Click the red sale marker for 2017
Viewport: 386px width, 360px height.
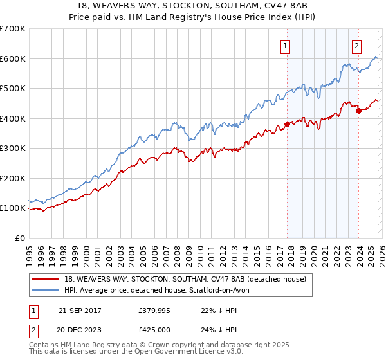287,125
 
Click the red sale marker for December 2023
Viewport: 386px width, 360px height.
358,111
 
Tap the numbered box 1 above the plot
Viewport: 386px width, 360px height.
285,46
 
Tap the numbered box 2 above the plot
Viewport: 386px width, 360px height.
356,46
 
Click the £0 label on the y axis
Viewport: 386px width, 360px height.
20,238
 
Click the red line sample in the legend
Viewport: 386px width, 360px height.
46,279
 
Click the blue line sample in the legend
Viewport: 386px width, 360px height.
46,290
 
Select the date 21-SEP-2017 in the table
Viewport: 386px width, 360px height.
80,310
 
